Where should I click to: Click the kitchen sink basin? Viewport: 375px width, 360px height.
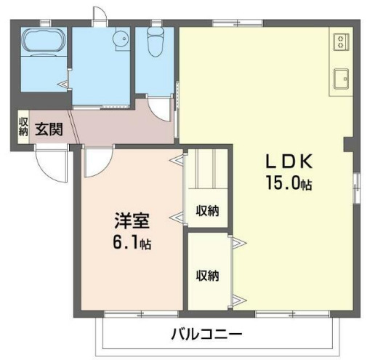click(339, 76)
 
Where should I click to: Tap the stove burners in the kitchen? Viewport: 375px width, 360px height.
click(339, 42)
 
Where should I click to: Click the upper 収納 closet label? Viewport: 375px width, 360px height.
click(207, 211)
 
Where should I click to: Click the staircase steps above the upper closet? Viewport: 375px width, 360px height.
click(207, 171)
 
